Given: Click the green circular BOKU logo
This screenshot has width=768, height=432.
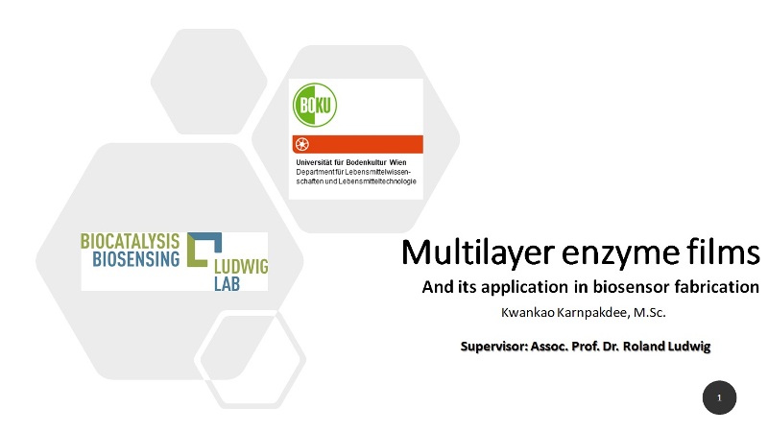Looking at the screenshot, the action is (315, 105).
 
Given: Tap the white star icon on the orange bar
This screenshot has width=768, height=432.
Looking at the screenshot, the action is (302, 145).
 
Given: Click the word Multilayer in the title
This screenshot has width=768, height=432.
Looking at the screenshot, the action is (477, 252).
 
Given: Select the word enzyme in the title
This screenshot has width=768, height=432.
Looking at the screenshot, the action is (620, 254).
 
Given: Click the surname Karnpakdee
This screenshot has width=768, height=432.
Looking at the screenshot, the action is (593, 314).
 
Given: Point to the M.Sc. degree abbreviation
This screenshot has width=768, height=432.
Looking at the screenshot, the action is (650, 313).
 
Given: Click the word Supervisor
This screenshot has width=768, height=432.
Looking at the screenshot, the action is (494, 347).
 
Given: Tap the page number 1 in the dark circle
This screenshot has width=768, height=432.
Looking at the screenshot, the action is (719, 397).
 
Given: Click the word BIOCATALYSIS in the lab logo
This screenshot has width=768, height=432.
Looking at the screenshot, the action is (131, 242).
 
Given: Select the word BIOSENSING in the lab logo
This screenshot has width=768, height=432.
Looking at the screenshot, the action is (136, 259).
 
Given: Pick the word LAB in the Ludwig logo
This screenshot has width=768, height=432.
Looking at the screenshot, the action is (227, 283).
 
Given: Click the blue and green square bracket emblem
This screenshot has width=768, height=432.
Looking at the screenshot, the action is (204, 250).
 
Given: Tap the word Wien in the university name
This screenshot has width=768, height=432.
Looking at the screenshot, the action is (397, 162).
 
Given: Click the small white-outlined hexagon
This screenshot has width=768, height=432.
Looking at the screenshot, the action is (250, 359).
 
